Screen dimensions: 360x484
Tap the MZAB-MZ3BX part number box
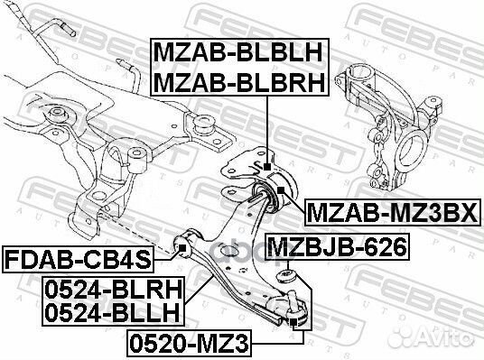click(396, 212)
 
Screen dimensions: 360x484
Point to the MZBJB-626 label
click(335, 244)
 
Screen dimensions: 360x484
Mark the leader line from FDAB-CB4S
click(165, 253)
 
